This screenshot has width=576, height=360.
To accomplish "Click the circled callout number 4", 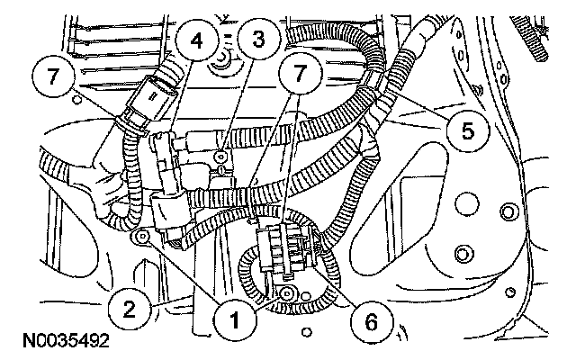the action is (193, 39).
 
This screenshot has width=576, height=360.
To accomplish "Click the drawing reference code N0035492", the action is (61, 342).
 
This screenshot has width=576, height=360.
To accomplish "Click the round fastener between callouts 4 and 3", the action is (219, 65).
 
